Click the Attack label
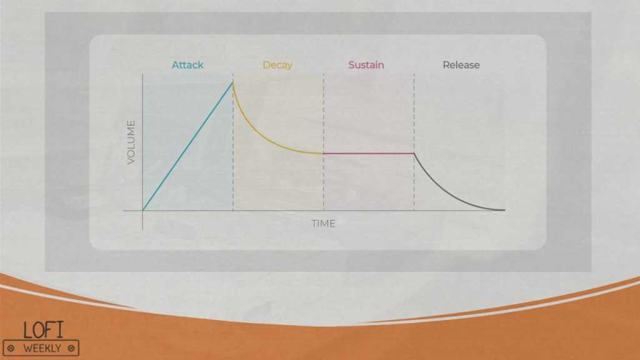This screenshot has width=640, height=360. [187, 65]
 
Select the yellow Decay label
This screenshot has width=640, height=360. [277, 65]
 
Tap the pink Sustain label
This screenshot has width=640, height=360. [366, 65]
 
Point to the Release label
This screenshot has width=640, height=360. [461, 65]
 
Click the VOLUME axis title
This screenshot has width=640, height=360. [131, 142]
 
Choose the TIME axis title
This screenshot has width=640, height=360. [323, 224]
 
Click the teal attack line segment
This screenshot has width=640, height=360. [187, 146]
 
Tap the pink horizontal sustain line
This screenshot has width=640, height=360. [369, 154]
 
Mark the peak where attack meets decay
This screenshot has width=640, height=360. [232, 82]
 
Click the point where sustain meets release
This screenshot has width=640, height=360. [414, 154]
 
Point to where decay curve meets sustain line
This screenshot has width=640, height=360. [323, 154]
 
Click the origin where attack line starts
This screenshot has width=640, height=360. [142, 211]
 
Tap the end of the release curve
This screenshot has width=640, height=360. [504, 210]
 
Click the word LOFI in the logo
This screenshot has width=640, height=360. [44, 330]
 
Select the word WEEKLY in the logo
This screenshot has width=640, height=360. [42, 349]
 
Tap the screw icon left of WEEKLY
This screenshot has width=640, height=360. [11, 349]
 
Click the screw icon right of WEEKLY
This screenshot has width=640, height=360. [71, 349]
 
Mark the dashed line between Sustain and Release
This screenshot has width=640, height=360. [414, 142]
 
